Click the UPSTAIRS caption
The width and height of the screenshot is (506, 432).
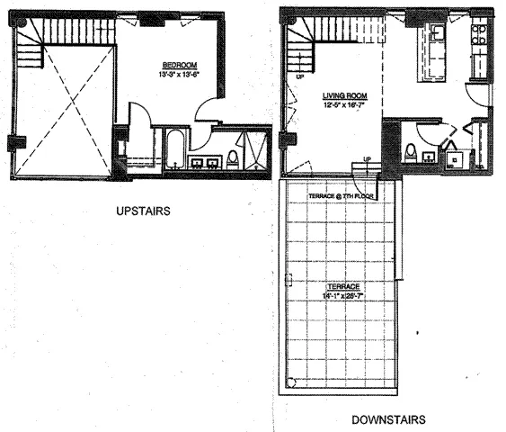(x=143, y=212)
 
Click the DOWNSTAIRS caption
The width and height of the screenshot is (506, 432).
(x=387, y=419)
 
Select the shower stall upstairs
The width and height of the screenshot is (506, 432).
(x=255, y=148)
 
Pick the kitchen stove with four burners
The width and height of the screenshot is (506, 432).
(x=476, y=39)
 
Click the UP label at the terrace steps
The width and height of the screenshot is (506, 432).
(x=366, y=161)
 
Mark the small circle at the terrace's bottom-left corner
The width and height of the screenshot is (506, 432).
(x=289, y=382)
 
